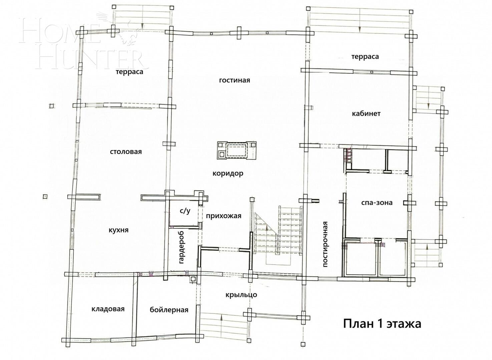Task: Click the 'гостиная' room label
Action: [234, 80]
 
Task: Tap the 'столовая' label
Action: [126, 152]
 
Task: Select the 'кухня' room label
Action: [118, 230]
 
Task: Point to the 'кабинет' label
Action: [366, 114]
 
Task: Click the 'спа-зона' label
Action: [377, 203]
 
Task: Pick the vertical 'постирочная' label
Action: [326, 244]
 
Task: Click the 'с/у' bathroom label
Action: [185, 211]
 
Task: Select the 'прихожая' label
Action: [223, 216]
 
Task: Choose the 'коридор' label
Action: [228, 174]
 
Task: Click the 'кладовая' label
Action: [108, 309]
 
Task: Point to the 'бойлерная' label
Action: [169, 310]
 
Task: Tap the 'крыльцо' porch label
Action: [241, 295]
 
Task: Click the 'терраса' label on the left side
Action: [129, 72]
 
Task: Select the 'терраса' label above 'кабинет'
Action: [365, 57]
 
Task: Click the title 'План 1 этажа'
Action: [382, 324]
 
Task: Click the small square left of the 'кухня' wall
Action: [45, 197]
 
